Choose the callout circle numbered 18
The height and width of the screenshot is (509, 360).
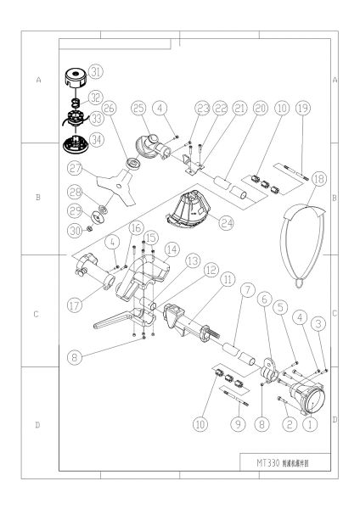[x=320, y=180]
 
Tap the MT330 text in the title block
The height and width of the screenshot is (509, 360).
[x=256, y=463]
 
